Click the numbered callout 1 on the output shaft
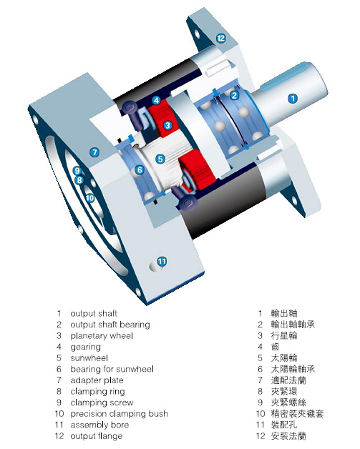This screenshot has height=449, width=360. pos(293,99)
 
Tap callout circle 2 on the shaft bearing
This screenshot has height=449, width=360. pos(235,95)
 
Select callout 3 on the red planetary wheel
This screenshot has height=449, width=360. pos(167,125)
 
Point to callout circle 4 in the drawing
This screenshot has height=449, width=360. pos(156,100)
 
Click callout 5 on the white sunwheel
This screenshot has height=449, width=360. pos(160,159)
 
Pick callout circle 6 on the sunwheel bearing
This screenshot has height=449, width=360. pos(140,170)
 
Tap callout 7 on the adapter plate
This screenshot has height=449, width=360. pos(94,152)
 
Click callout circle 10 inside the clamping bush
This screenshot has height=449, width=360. pos(90,198)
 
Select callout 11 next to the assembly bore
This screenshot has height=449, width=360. pos(162,261)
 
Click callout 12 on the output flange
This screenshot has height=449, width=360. pos(220,38)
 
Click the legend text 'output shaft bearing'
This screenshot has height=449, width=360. pos(110,325)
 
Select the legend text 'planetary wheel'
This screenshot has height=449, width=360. pos(102,336)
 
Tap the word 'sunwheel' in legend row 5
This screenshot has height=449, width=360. pos(89,358)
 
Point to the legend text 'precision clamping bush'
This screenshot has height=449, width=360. pos(120,414)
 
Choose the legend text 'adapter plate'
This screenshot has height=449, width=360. pos(97,380)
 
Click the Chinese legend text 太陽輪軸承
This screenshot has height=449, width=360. pos(293,369)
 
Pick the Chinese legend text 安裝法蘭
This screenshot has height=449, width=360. pos(288,436)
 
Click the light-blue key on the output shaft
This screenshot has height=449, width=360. pos(286,77)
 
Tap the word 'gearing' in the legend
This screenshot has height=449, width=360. pos(85,347)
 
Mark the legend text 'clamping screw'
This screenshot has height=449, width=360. pos(102,403)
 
